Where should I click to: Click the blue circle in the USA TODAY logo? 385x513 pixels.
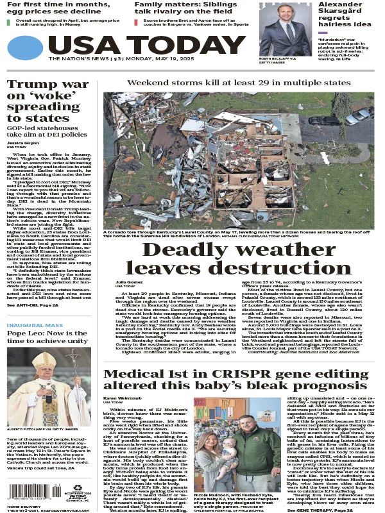24,48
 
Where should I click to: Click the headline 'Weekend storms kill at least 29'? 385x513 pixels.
238,83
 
